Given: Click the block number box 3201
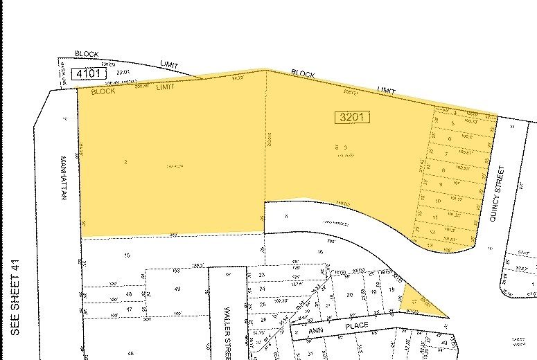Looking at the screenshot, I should pyautogui.click(x=353, y=117).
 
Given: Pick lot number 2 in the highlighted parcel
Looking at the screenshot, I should pyautogui.click(x=125, y=162).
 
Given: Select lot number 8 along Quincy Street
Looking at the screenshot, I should pyautogui.click(x=443, y=170).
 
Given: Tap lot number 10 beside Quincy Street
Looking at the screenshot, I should pyautogui.click(x=439, y=201).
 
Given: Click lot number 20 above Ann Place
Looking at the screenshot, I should pyautogui.click(x=350, y=295).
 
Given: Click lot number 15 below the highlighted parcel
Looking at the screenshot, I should pyautogui.click(x=127, y=256).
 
